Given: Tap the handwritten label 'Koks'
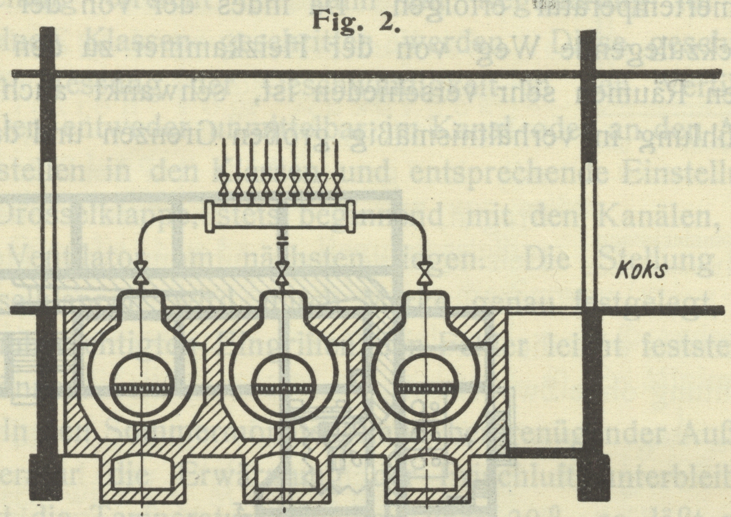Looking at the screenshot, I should click(x=639, y=270).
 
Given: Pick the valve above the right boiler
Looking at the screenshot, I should click(x=424, y=272).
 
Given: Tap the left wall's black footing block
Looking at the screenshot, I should click(x=45, y=474).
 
